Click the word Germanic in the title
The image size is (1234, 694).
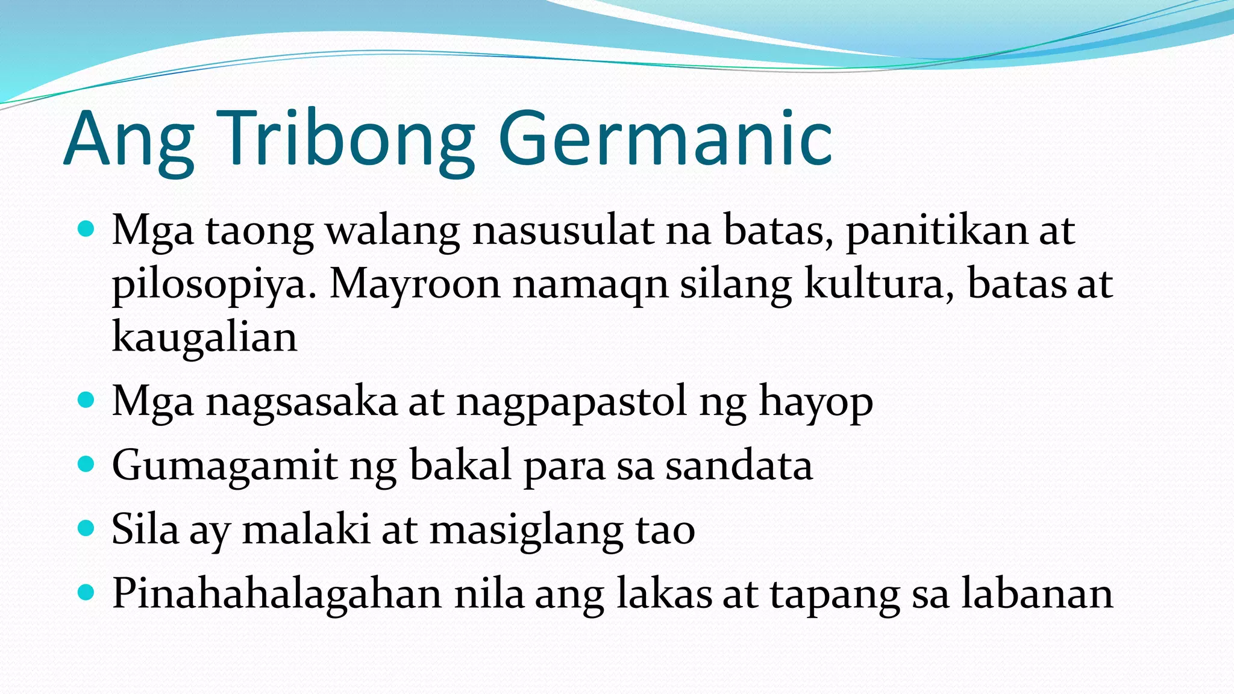tap(665, 140)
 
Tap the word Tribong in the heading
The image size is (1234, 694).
tap(349, 140)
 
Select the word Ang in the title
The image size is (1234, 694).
tap(129, 140)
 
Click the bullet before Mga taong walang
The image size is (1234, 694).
tap(87, 229)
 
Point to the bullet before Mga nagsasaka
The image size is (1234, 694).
tap(87, 400)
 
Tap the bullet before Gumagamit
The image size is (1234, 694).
tap(87, 464)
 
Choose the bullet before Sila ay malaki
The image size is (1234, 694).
tap(87, 528)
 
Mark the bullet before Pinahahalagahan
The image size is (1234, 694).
tap(87, 593)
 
